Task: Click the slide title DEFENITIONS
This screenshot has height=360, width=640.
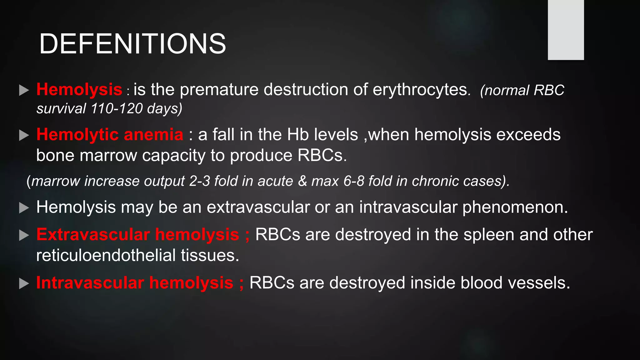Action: coord(132,44)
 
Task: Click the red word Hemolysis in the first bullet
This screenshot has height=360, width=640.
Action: coord(79,90)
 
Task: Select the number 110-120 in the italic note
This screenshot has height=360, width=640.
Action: coord(117,109)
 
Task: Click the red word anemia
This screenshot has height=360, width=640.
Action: coord(153,135)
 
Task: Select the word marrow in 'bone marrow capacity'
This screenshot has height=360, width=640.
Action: coord(108,155)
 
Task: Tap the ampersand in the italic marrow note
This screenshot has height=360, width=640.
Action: coord(302,181)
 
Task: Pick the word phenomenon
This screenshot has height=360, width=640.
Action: coord(515,207)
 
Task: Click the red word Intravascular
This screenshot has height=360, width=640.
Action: coord(90,283)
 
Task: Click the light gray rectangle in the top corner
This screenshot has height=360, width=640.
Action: coord(566,30)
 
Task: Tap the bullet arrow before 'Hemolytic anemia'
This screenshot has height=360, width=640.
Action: coord(24,135)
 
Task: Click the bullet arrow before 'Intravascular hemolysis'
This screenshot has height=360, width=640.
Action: coord(24,283)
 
